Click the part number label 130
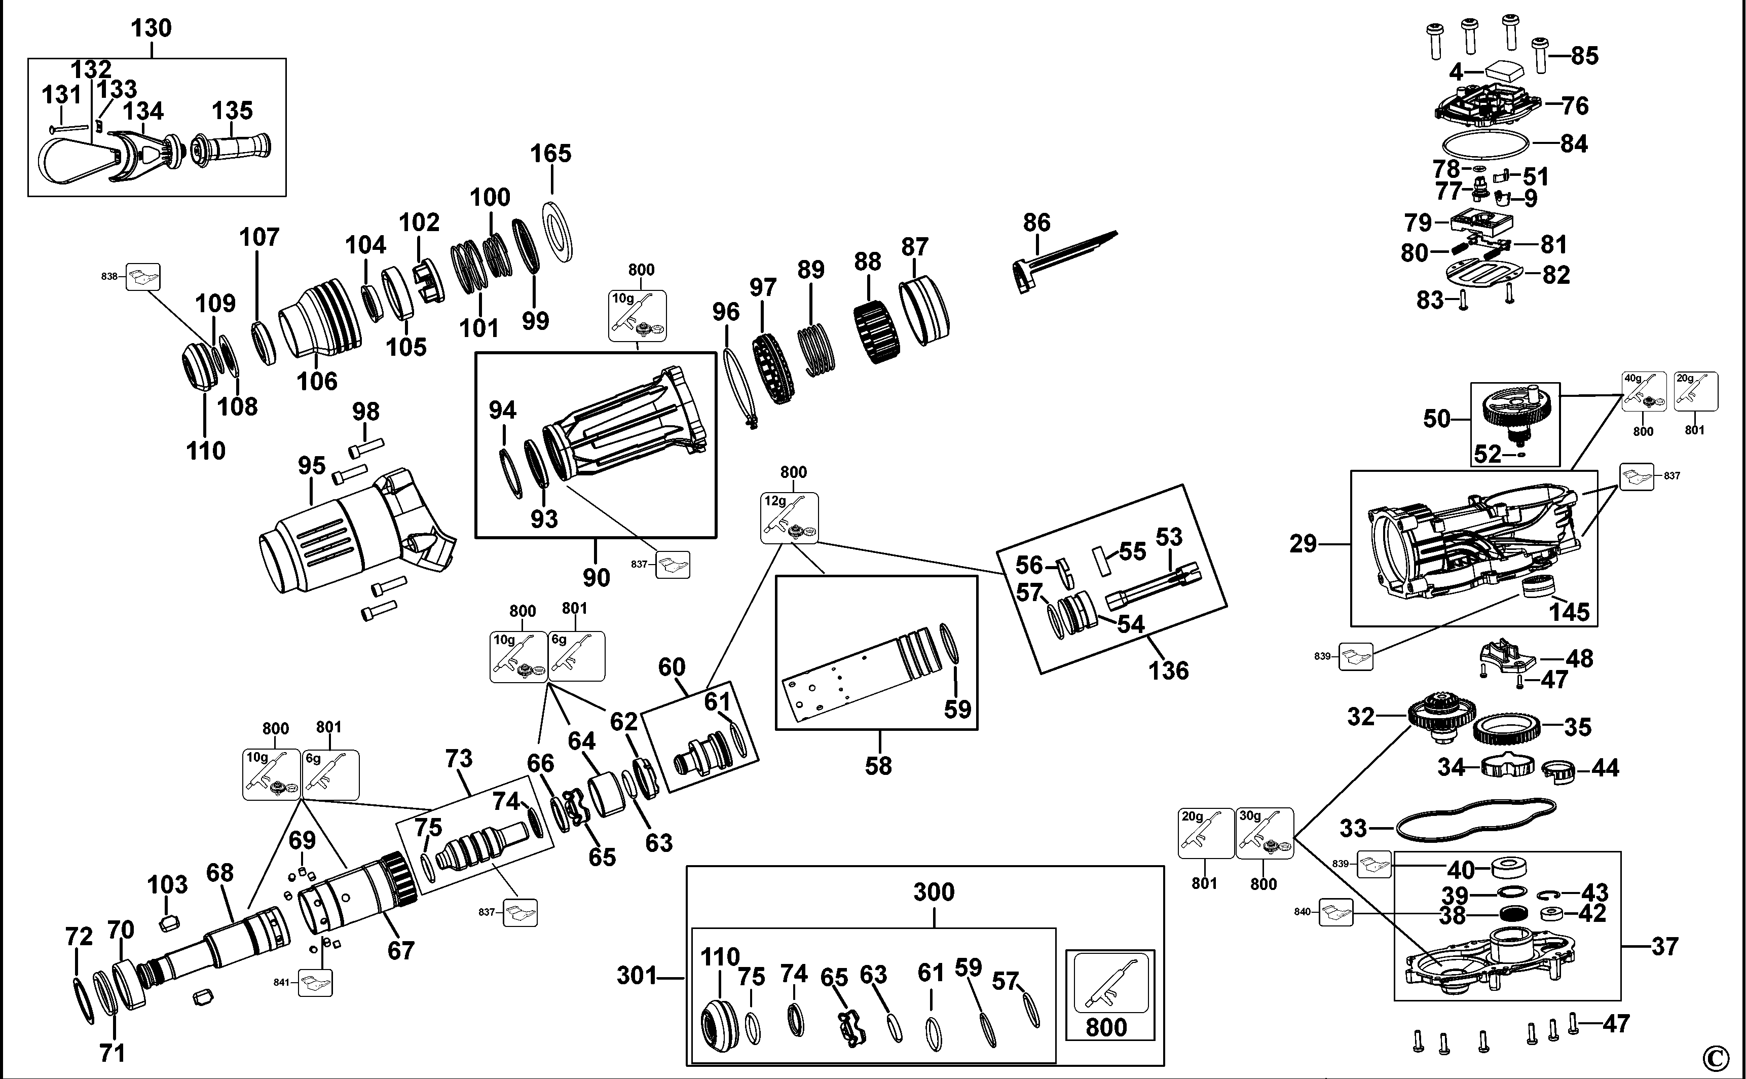[151, 28]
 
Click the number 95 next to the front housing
[312, 466]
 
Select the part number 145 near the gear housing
[1569, 612]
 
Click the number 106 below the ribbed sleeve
[317, 381]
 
